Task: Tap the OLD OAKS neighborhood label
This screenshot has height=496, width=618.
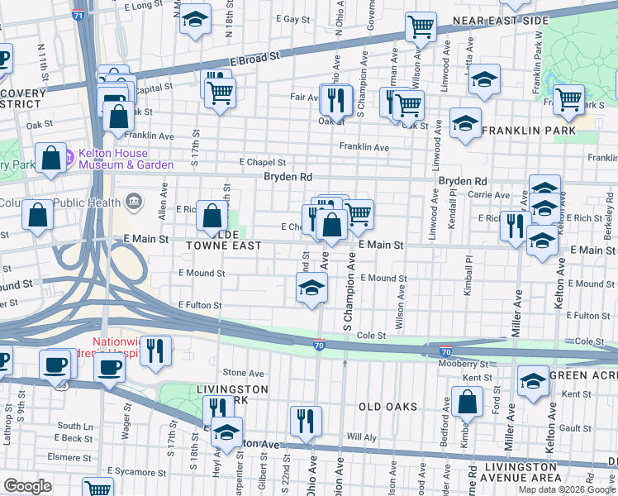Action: coord(388,407)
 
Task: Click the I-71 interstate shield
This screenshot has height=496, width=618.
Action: coord(78,15)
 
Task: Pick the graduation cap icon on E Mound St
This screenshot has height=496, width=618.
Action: coord(311,289)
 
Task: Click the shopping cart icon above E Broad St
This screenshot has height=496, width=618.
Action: coord(421,27)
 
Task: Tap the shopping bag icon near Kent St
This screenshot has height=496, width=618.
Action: coord(467,403)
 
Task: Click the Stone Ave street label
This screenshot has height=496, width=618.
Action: coord(243,373)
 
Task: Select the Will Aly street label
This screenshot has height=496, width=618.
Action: coord(361,436)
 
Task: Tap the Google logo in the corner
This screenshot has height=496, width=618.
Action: coord(27,486)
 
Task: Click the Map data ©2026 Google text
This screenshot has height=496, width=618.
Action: coord(567,489)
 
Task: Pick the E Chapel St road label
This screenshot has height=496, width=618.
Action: coord(262,163)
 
